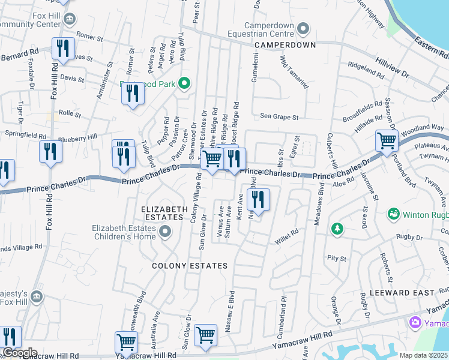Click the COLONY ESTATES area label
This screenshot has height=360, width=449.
(x=190, y=265)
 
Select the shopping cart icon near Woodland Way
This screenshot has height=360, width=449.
(x=387, y=142)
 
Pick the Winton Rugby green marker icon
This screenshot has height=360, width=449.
(x=394, y=214)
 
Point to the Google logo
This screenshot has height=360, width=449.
(x=19, y=353)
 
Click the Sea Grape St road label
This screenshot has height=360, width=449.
(x=279, y=116)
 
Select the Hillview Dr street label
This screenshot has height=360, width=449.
(x=393, y=67)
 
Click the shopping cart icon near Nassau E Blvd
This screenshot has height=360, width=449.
(x=205, y=335)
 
